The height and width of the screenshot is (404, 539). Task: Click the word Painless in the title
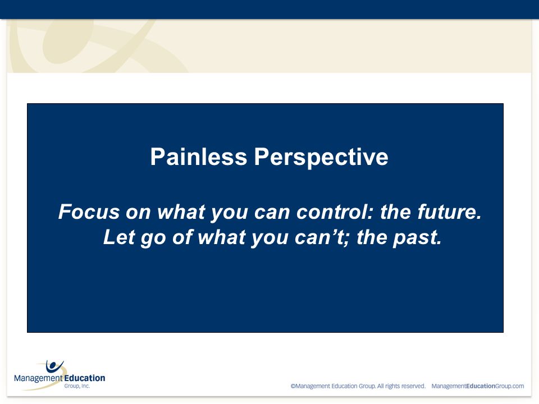[x=199, y=157]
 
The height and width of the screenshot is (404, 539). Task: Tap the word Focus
[x=89, y=212]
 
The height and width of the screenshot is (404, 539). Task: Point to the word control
[x=332, y=212]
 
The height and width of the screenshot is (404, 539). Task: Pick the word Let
[x=119, y=237]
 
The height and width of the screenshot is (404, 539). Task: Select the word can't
[x=319, y=237]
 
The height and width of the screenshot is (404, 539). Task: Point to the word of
[x=181, y=237]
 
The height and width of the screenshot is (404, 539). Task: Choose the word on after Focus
[x=138, y=213]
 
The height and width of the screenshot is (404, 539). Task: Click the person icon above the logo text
[x=54, y=366]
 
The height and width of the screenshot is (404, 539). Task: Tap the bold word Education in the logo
[x=85, y=378]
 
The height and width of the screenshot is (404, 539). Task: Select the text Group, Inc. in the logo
[x=77, y=386]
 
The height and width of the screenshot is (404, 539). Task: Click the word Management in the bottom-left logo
[x=39, y=379]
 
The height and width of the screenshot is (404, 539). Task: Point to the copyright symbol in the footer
[x=293, y=386]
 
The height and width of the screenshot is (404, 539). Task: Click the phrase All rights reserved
[x=401, y=386]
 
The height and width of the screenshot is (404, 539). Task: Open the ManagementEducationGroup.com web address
[x=477, y=386]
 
